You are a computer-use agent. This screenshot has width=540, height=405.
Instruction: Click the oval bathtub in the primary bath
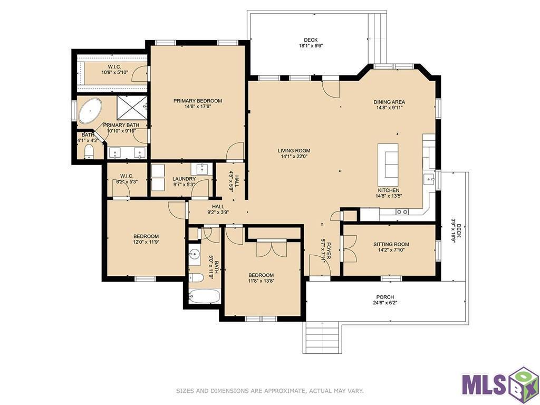(91, 112)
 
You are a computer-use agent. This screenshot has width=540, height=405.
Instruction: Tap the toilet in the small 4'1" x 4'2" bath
(89, 151)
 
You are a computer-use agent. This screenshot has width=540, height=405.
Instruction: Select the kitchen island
(388, 165)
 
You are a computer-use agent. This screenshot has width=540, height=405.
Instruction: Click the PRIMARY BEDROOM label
(198, 101)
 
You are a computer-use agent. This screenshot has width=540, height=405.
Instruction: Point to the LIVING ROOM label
(294, 150)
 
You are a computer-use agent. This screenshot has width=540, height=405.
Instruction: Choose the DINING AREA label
(389, 102)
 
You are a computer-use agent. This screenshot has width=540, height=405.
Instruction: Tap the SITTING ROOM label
(391, 244)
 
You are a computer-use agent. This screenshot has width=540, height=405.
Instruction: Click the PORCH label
(385, 297)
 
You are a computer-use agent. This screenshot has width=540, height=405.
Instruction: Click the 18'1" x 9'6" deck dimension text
(311, 45)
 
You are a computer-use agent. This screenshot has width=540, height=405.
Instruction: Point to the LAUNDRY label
(184, 179)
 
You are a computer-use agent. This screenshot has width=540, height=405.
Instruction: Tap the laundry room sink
(202, 169)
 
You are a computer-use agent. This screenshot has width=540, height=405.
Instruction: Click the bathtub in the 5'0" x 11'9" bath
(205, 296)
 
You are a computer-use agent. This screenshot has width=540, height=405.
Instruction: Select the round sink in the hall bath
(195, 255)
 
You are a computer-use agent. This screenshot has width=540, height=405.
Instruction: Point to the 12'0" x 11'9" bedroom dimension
(146, 242)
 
